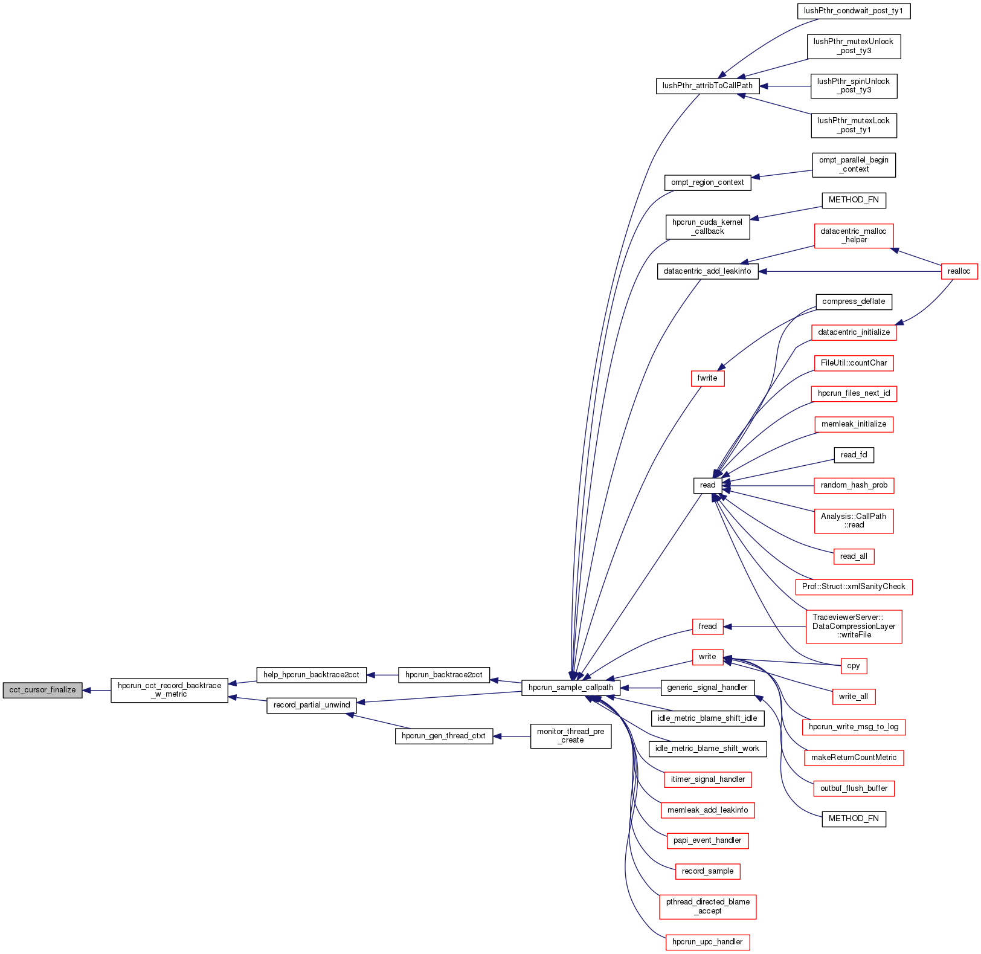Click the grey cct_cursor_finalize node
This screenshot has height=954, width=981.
(x=42, y=690)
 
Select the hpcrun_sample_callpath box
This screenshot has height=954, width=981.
(x=570, y=688)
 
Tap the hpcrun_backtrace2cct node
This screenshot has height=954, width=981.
(x=443, y=675)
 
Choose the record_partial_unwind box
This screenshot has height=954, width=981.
(x=311, y=705)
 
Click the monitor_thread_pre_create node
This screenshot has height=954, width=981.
(x=570, y=736)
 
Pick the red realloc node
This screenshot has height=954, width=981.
(x=959, y=271)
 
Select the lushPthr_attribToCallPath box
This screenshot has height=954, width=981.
(x=707, y=86)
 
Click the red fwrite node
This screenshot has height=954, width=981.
(x=707, y=378)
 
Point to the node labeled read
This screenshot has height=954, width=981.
(x=707, y=485)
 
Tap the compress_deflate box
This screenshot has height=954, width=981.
(x=854, y=301)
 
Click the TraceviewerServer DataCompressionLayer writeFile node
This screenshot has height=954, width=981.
(x=854, y=627)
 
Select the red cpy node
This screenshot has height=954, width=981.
(x=853, y=666)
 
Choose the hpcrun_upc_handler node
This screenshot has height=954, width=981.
(x=707, y=942)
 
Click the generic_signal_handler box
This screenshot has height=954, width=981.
(x=707, y=688)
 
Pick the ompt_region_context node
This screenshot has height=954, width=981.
(x=707, y=182)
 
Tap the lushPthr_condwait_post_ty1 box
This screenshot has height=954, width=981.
(x=854, y=11)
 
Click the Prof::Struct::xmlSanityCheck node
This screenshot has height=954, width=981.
(x=854, y=587)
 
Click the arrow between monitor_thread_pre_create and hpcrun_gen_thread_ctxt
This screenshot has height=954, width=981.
(x=512, y=736)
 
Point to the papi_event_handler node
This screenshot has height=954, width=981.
(x=707, y=840)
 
